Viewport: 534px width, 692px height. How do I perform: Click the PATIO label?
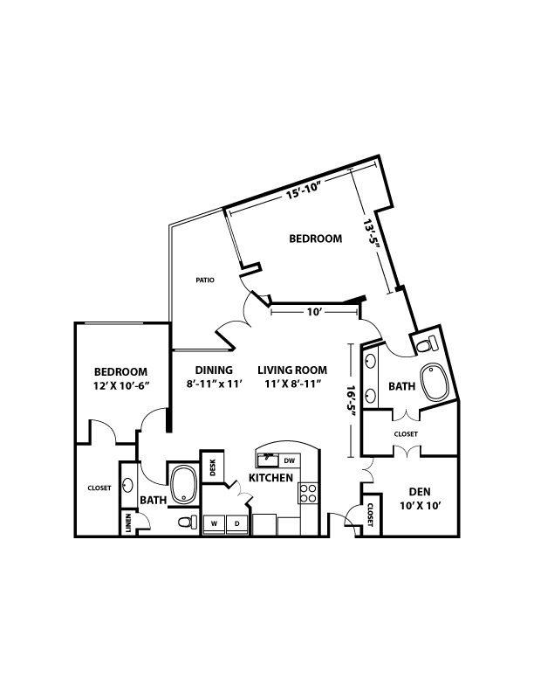point(205,280)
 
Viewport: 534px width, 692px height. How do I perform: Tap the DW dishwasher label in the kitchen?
point(289,460)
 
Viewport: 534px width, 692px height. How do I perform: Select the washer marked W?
point(214,524)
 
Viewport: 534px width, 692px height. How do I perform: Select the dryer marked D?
point(237,524)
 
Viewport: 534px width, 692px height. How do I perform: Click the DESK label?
point(213,467)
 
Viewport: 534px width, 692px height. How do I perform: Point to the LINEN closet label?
point(128,522)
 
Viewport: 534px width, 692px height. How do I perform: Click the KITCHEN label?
point(271,478)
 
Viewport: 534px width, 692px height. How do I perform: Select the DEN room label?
point(420,491)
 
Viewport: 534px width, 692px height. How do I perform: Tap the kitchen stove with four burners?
point(308,494)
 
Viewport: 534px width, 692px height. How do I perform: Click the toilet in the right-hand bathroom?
point(427,343)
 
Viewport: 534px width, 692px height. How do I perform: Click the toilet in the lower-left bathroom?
point(188,522)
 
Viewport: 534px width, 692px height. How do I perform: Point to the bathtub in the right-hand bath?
point(435,382)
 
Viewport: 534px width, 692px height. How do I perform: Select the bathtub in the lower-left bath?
point(184,484)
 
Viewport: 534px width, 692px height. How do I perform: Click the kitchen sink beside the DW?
point(268,460)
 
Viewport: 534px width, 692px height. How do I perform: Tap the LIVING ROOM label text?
point(292,370)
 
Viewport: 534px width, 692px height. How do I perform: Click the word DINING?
point(214,370)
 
